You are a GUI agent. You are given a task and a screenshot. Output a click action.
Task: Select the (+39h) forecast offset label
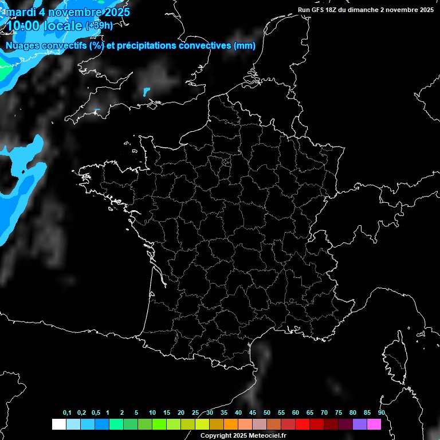click(x=99, y=26)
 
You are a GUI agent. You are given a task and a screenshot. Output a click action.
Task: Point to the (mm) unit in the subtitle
click(x=245, y=46)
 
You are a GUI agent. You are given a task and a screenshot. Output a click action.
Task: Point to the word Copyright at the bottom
click(x=217, y=436)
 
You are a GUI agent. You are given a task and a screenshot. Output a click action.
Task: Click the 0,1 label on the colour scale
click(x=67, y=413)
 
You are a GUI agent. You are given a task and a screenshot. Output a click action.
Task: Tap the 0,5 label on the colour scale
click(x=96, y=413)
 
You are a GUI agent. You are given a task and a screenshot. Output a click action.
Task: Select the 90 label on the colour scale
click(x=381, y=413)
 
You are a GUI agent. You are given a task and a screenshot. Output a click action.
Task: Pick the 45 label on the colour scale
click(x=253, y=413)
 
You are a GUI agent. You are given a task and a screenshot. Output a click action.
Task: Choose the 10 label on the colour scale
click(x=152, y=413)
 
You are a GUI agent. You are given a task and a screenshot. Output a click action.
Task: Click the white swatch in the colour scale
click(x=58, y=424)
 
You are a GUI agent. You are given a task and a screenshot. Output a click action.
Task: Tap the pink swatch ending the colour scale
click(x=374, y=424)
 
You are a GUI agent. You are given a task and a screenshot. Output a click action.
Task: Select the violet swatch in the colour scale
click(x=360, y=424)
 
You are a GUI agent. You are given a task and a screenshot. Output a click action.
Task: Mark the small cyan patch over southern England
click(x=146, y=91)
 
